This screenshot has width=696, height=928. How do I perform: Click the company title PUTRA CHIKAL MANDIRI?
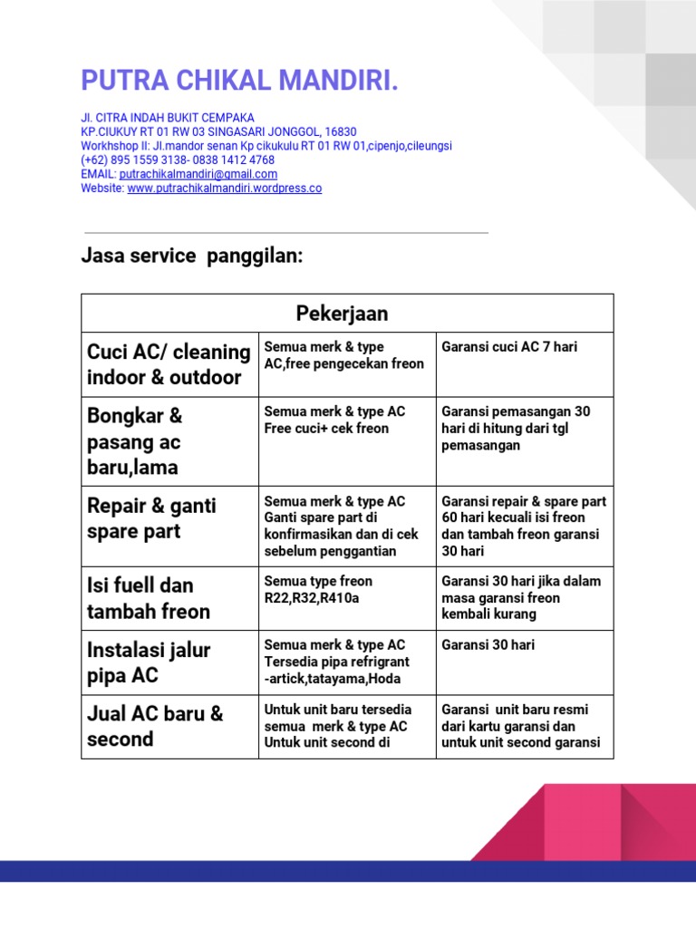click(x=239, y=81)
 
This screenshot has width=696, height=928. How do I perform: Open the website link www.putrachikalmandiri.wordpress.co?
click(x=224, y=188)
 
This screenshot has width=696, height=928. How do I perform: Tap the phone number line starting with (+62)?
click(x=178, y=159)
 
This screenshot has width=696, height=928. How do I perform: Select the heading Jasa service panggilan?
click(x=191, y=256)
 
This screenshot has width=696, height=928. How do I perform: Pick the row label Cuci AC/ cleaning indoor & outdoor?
click(x=169, y=364)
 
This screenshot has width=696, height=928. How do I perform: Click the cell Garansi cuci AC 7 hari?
click(x=509, y=347)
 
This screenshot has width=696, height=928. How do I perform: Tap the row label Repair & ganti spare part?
click(x=151, y=518)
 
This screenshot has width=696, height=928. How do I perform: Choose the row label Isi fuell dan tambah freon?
click(x=148, y=598)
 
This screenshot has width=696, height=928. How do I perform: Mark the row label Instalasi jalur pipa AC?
click(x=148, y=662)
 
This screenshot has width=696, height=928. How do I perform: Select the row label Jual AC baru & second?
click(x=154, y=726)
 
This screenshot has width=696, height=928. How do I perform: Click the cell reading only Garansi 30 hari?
click(x=488, y=645)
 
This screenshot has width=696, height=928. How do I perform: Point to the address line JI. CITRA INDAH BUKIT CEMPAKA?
click(x=168, y=118)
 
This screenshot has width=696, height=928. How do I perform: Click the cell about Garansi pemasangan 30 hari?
click(x=516, y=429)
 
